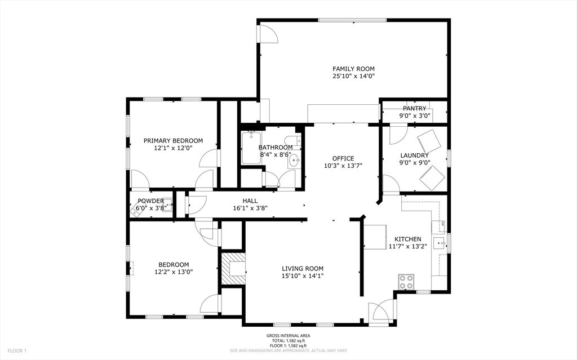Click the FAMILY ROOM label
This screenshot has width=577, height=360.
[x=353, y=69]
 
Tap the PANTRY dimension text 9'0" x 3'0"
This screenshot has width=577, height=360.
[x=415, y=116]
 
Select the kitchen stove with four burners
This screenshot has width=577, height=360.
[x=406, y=282]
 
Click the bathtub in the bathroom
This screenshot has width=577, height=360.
[x=250, y=148]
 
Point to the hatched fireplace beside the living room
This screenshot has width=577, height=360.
[x=233, y=268]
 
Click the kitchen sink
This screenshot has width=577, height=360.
[x=440, y=243]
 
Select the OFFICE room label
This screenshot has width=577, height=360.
[x=343, y=159]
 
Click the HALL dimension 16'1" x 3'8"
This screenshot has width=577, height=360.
[x=250, y=208]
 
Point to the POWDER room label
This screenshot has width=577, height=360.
[x=150, y=201]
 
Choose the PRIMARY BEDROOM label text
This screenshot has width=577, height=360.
[x=173, y=141]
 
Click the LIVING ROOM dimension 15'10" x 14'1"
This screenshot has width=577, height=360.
[x=303, y=276]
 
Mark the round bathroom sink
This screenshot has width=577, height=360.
[x=294, y=160]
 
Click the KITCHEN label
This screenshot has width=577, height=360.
[x=408, y=239]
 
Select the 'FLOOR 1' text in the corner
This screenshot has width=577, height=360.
[x=17, y=351]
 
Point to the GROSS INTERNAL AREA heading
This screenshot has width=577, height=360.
[x=288, y=336]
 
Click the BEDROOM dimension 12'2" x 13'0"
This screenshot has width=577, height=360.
[x=174, y=272]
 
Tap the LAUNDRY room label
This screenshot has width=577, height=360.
[x=414, y=155]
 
